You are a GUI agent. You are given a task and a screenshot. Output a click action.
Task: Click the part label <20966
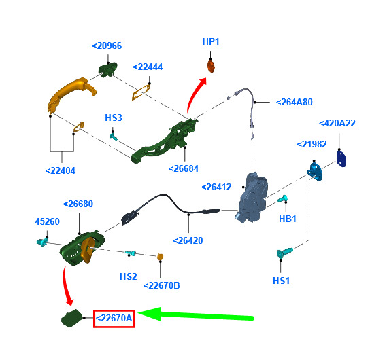click(x=107, y=46)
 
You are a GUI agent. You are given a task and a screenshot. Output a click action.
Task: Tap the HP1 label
click(x=211, y=41)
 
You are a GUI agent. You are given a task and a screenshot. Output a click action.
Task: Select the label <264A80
click(x=295, y=102)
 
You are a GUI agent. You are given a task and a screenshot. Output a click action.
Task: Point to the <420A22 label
click(x=337, y=123)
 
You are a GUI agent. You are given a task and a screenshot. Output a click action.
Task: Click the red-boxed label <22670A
click(x=114, y=319)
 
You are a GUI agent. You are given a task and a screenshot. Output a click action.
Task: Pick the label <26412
click(x=216, y=187)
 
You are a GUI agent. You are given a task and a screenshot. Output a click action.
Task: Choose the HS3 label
click(x=114, y=118)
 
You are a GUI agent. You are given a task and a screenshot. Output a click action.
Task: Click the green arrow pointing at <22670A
click(x=196, y=315)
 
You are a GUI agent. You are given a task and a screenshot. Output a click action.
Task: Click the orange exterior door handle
click(x=71, y=94)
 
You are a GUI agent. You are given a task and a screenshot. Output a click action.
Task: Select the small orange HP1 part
click(x=211, y=66)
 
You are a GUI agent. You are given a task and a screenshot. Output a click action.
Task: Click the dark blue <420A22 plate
click(x=341, y=158)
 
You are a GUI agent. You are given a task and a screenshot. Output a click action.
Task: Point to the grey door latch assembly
click(x=252, y=198)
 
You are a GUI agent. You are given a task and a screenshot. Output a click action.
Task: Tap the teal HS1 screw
click(x=284, y=253)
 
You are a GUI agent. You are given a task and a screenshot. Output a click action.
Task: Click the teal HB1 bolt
click(x=282, y=198)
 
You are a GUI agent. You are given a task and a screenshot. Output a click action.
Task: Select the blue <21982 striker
click(x=315, y=171)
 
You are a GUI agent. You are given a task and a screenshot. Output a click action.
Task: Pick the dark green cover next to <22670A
click(x=71, y=318)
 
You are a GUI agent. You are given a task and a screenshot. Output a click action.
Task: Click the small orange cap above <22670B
click(x=161, y=257)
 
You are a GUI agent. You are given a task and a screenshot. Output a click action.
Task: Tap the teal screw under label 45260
click(x=42, y=242)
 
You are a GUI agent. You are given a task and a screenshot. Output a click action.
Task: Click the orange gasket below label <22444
click(x=141, y=92)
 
